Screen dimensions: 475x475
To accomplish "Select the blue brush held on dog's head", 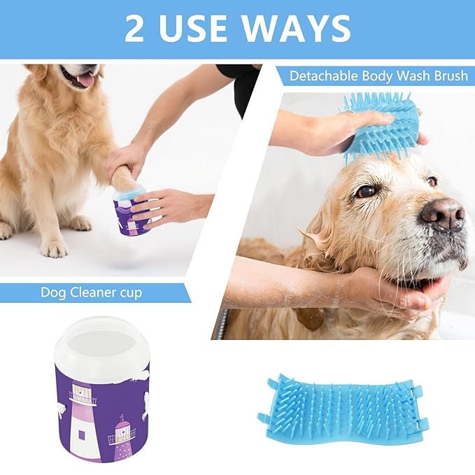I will tap(381, 126).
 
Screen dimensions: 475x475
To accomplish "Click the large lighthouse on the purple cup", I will tap(85, 420).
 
